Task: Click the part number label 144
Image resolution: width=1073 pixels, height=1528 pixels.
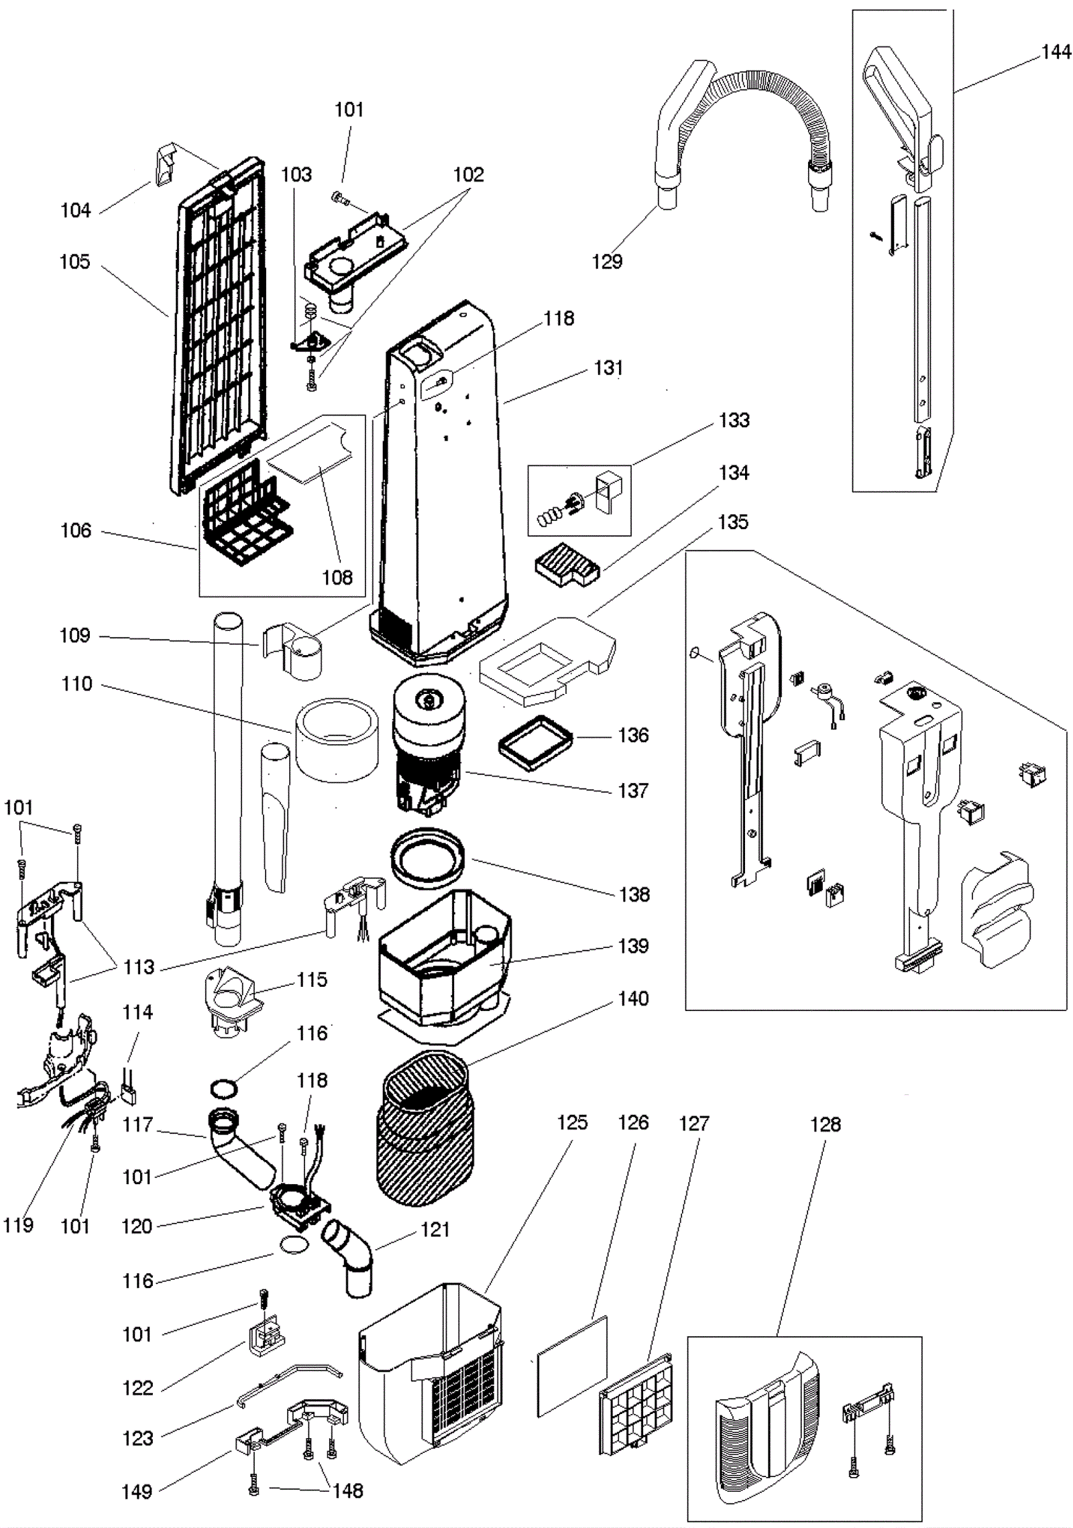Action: click(x=1056, y=52)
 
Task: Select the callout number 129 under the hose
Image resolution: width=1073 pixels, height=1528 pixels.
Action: click(x=607, y=261)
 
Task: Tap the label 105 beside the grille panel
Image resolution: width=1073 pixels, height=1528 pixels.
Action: click(x=74, y=261)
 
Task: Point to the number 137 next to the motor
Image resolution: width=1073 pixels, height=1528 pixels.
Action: click(x=633, y=790)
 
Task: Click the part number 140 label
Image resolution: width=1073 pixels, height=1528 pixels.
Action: click(x=633, y=998)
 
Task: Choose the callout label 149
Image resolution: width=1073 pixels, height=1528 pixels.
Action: click(x=137, y=1492)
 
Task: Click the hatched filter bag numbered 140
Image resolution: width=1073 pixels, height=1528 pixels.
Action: click(x=425, y=1128)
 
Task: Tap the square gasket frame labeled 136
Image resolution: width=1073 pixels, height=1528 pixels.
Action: click(x=536, y=742)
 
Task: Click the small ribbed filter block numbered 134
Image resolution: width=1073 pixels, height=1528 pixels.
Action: click(x=567, y=564)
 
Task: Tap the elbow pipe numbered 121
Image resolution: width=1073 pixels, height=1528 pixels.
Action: click(x=349, y=1254)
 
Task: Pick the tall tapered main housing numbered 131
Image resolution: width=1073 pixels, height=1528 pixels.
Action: click(x=439, y=483)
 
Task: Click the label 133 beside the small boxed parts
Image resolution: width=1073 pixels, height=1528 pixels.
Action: click(x=734, y=420)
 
